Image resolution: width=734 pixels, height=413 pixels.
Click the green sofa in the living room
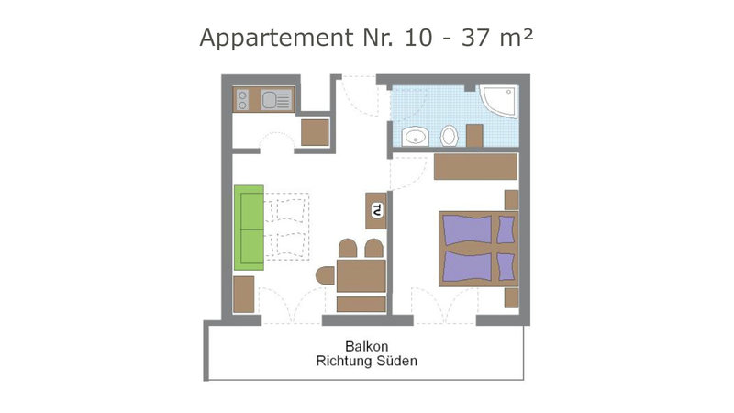click(x=249, y=228)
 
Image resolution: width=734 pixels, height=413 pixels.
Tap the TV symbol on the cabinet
click(x=377, y=210)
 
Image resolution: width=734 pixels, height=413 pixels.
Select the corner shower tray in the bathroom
click(x=499, y=101)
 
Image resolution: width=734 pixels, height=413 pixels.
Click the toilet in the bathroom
click(x=449, y=136)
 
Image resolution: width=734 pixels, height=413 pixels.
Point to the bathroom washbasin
click(x=416, y=137)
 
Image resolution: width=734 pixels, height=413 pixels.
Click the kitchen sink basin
click(x=269, y=100)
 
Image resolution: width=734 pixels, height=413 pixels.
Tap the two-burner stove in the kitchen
click(x=242, y=100)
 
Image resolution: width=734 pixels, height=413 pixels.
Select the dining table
click(x=361, y=276)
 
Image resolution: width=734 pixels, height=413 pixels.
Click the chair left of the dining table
click(x=326, y=275)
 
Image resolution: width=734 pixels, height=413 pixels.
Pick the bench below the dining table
click(x=361, y=304)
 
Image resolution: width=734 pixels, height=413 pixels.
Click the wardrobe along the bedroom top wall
click(x=475, y=167)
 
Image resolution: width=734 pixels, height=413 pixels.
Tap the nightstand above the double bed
click(x=511, y=200)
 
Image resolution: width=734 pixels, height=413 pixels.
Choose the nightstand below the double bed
click(x=511, y=297)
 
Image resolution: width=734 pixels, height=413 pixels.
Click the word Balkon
click(x=366, y=347)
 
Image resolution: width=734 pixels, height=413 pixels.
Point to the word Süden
click(x=397, y=361)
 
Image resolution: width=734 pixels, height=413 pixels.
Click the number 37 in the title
click(x=476, y=38)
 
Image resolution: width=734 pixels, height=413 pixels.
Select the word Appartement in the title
click(x=277, y=39)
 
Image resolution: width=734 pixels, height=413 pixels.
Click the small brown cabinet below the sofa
click(x=244, y=295)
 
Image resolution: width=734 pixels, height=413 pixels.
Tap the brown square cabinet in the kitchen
click(x=315, y=133)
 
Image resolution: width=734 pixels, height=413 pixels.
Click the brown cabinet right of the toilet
click(x=474, y=136)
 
